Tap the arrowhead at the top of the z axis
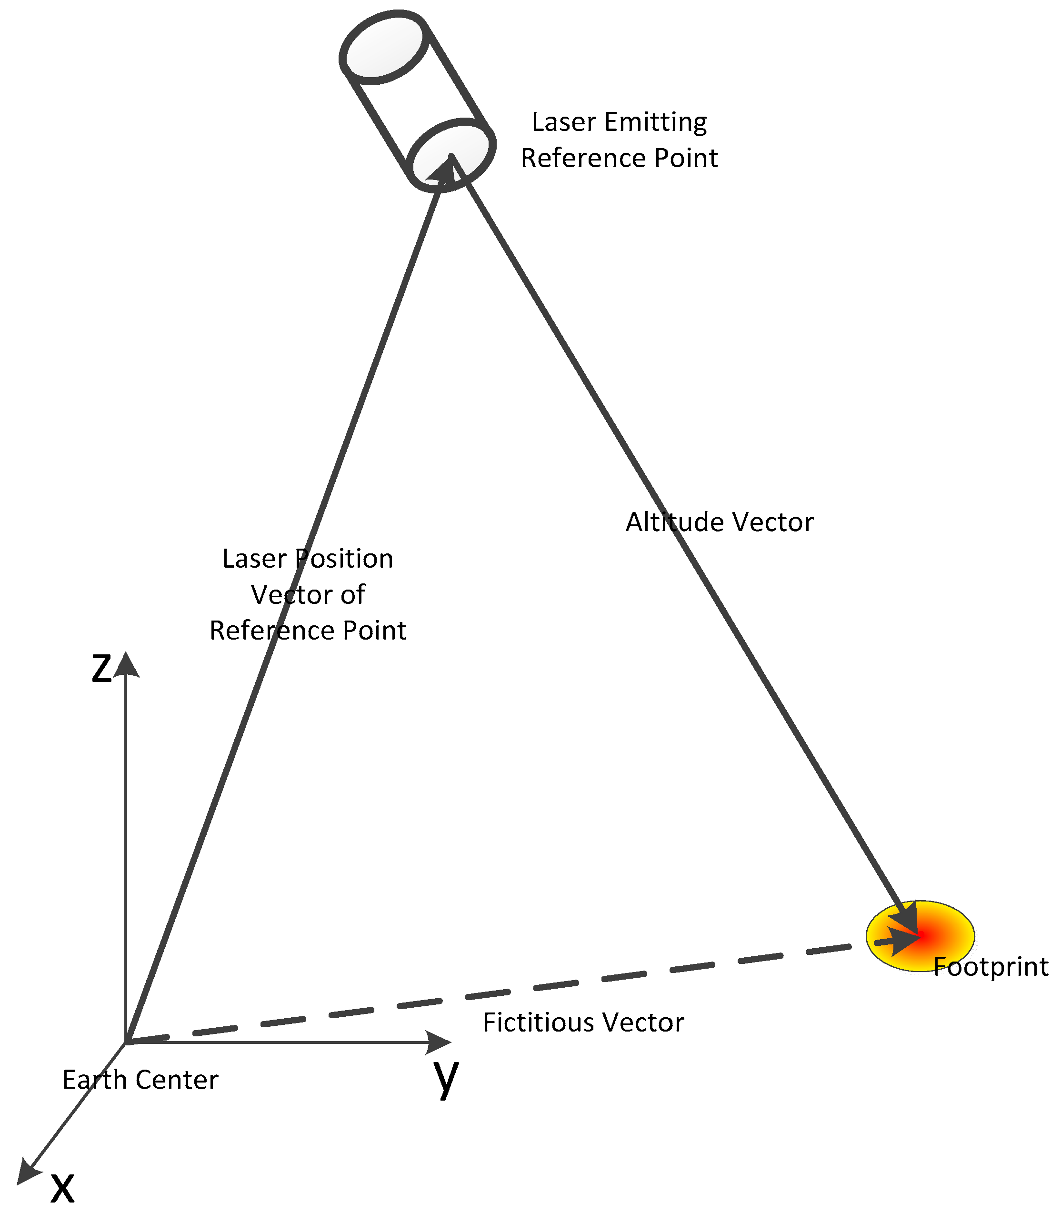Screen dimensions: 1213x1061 click(126, 665)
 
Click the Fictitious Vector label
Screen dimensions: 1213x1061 click(583, 1023)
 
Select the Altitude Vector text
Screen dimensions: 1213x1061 click(720, 522)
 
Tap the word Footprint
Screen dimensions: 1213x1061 click(991, 967)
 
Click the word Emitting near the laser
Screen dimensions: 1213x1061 click(655, 122)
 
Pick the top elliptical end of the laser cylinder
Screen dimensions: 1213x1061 click(385, 47)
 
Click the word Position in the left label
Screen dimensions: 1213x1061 click(343, 559)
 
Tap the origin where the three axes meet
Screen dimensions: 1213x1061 click(126, 1042)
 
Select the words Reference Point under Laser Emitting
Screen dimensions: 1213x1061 click(619, 158)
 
